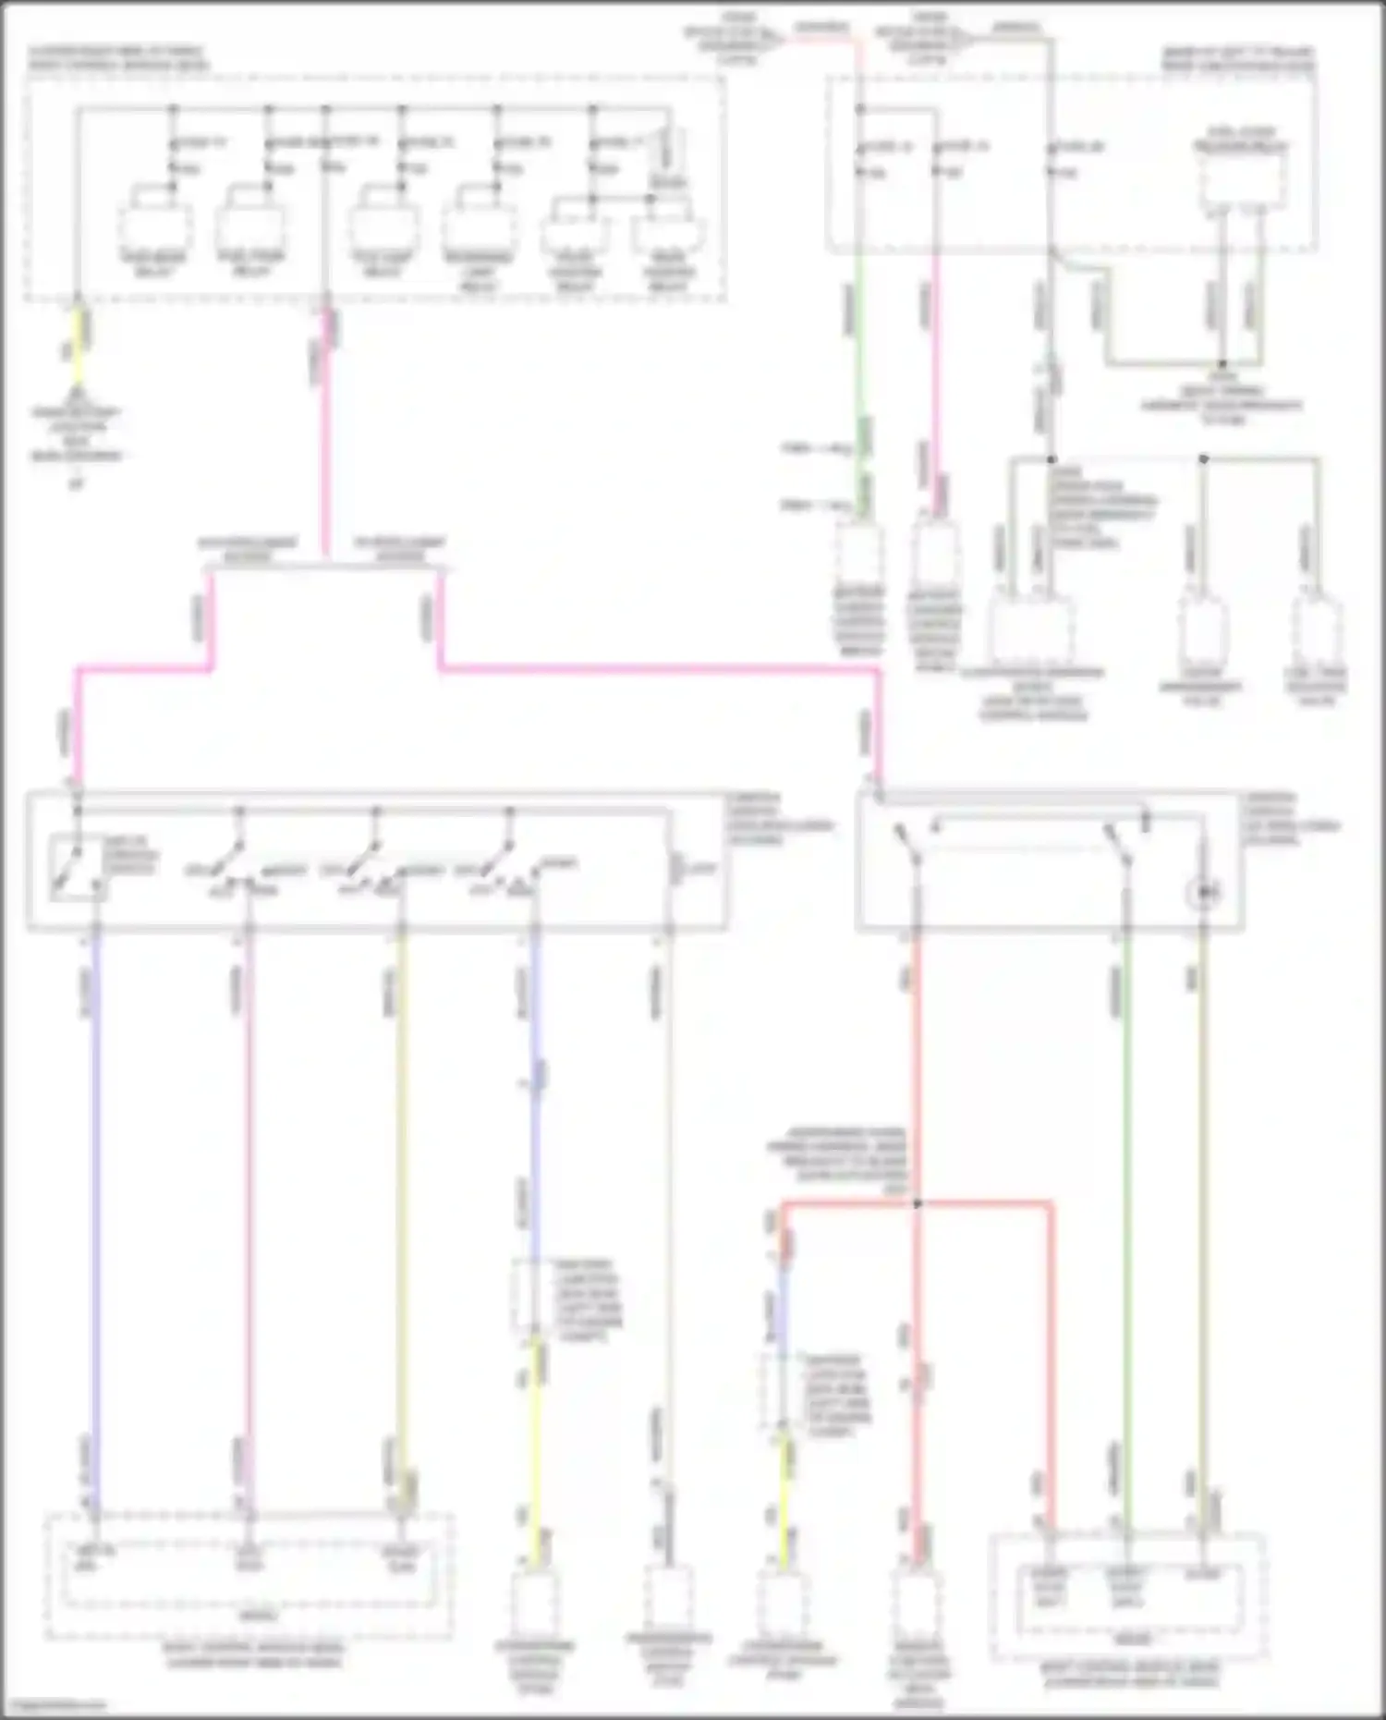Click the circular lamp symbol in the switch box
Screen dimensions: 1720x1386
(1203, 893)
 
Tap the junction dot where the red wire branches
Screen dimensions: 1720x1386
(917, 1203)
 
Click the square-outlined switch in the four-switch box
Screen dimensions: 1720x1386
(78, 867)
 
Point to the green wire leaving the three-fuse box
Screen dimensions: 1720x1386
(858, 370)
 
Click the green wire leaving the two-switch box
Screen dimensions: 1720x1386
(1125, 1202)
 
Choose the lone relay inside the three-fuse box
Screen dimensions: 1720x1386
(1242, 180)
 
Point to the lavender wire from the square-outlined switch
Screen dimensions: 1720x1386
(94, 1202)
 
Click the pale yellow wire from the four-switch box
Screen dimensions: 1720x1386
(401, 1202)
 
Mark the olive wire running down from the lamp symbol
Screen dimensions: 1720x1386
(1203, 1202)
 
